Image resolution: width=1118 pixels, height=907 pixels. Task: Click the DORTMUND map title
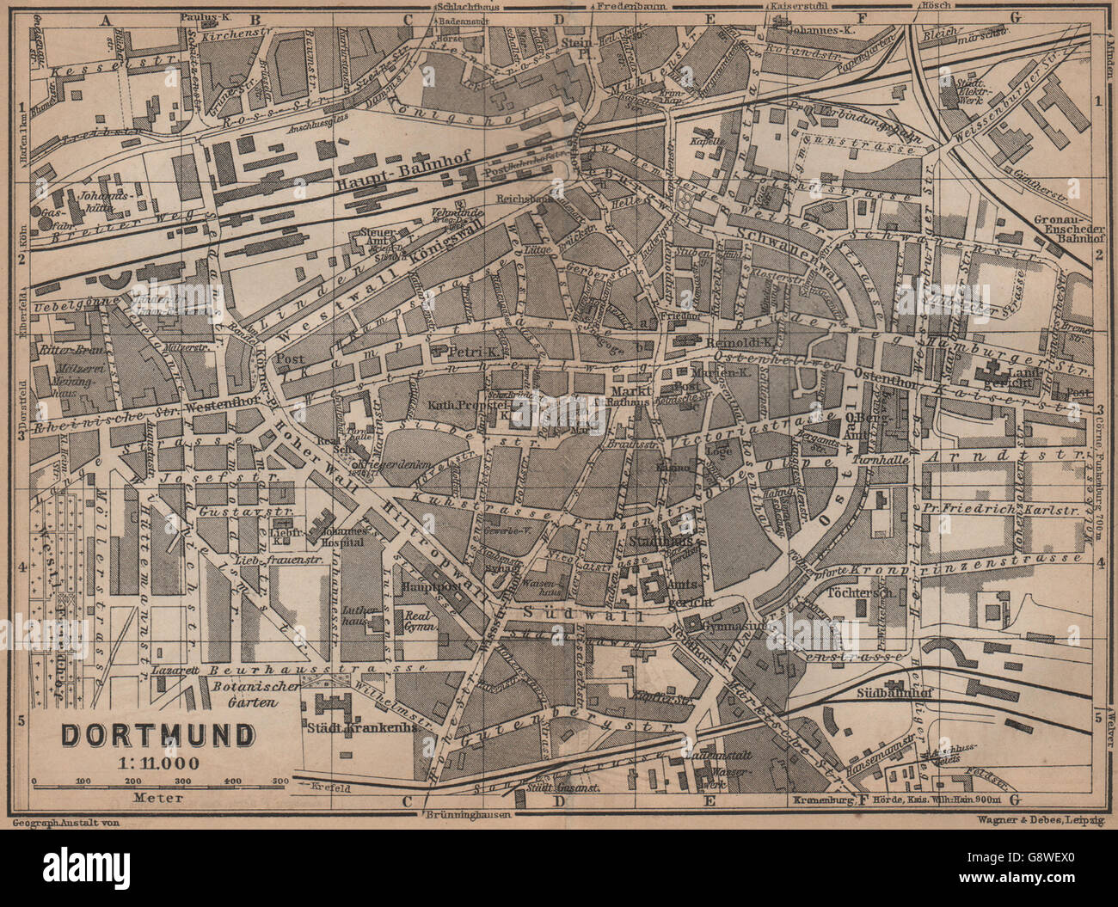(157, 736)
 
